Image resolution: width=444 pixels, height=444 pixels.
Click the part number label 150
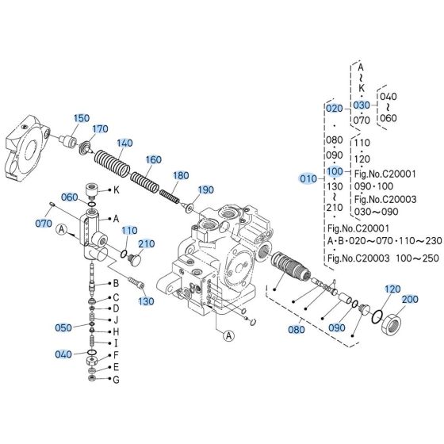82,118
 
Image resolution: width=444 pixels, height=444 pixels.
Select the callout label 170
100,128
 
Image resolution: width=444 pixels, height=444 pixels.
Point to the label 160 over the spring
153,159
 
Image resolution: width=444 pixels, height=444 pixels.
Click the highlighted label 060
69,197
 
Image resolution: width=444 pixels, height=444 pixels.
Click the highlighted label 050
63,327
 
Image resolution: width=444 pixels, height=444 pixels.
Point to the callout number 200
409,299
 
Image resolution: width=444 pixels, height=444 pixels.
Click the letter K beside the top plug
116,189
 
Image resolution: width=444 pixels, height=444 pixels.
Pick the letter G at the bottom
116,380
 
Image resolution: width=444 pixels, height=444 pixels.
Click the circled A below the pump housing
228,335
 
